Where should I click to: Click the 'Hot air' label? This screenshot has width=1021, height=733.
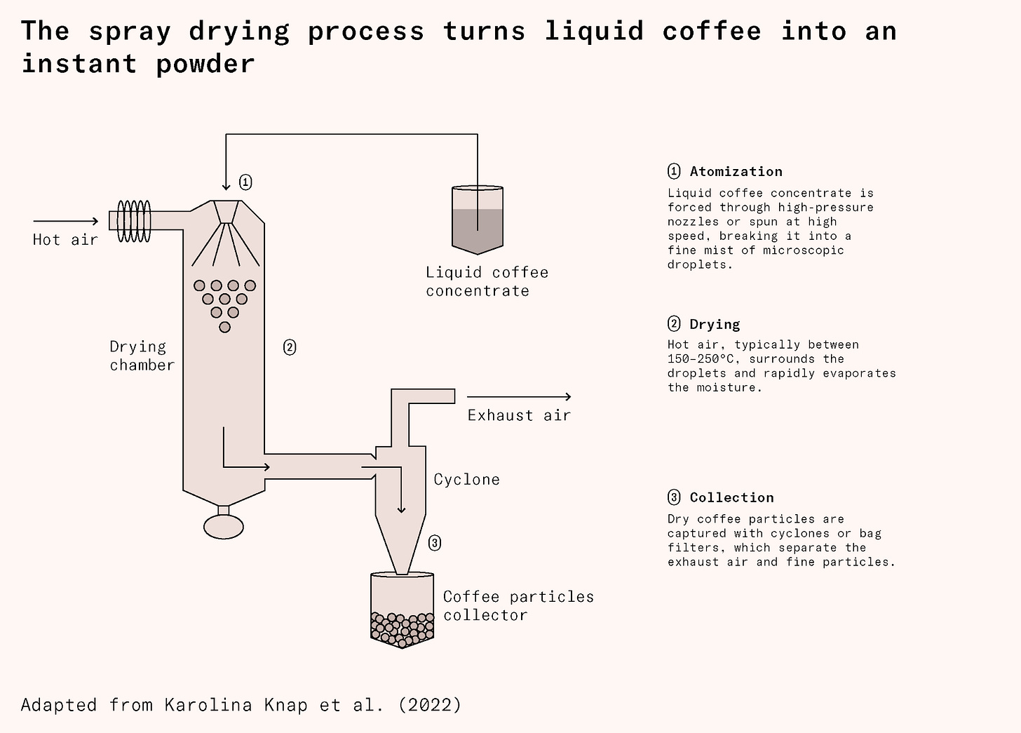[x=65, y=240]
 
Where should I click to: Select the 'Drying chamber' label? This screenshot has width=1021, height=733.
[x=142, y=356]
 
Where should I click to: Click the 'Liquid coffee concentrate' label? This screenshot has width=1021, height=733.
[x=487, y=281]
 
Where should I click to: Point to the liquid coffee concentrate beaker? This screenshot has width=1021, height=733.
[x=478, y=220]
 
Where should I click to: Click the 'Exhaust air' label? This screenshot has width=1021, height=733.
[x=519, y=415]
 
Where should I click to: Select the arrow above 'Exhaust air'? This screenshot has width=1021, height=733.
[x=519, y=398]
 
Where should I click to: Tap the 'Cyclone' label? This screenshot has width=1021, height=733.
[x=466, y=480]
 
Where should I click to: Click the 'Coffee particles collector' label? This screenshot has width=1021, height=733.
[x=518, y=605]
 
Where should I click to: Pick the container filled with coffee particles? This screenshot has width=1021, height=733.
[x=402, y=610]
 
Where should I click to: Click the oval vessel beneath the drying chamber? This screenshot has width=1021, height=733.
[x=224, y=526]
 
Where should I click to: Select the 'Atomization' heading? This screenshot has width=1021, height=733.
[x=736, y=172]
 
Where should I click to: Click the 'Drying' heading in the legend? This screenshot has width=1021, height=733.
[x=715, y=324]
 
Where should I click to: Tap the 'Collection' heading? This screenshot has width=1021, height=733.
[x=731, y=497]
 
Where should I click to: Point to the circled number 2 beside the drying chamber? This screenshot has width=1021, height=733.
[x=289, y=347]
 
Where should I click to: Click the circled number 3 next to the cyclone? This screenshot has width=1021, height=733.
[x=435, y=543]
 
